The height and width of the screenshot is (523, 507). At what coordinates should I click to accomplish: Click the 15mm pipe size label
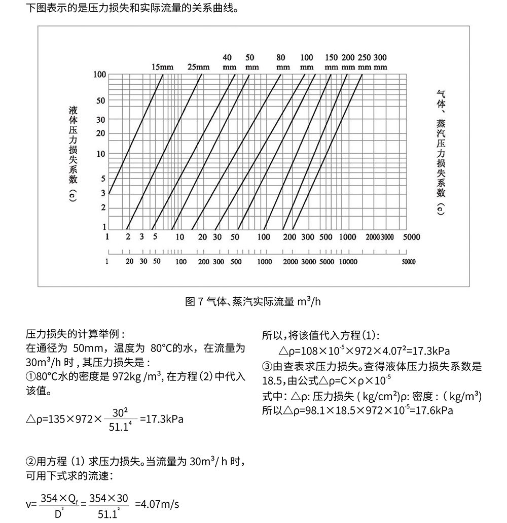tap(162, 67)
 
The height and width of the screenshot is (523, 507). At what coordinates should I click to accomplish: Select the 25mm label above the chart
tap(198, 67)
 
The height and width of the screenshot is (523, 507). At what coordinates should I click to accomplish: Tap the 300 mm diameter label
tap(380, 61)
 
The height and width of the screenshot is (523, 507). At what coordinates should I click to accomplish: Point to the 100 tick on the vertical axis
tap(100, 75)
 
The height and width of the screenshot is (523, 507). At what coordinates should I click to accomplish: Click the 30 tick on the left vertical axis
tap(101, 120)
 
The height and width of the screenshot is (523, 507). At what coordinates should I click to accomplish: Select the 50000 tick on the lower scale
tap(408, 262)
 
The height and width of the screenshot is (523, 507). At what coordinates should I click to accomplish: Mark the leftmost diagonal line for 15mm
tap(136, 134)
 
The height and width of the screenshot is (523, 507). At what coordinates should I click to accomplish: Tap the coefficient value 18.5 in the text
tap(271, 381)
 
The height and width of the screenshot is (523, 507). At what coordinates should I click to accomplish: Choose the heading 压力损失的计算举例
tap(75, 335)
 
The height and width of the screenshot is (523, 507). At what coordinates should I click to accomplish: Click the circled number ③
tap(267, 366)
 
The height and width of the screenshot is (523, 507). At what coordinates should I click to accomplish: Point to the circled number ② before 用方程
tap(30, 462)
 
